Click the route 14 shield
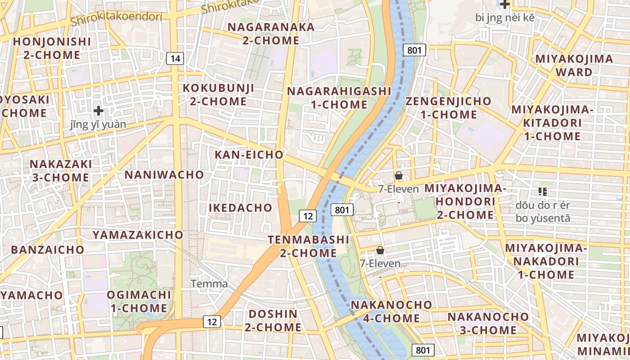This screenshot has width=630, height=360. (x=175, y=58)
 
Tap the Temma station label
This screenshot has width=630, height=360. (x=209, y=284)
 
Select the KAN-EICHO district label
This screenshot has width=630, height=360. (x=249, y=155)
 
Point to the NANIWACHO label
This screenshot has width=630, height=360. (x=164, y=175)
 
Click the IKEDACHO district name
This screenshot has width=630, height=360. (x=240, y=207)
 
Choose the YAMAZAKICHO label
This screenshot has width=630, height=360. (x=138, y=235)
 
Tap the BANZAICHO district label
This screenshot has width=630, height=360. (x=48, y=250)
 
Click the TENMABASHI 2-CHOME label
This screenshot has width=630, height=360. (x=308, y=246)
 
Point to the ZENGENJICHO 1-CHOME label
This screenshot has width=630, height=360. (x=448, y=108)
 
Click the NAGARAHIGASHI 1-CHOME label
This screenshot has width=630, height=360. (x=339, y=98)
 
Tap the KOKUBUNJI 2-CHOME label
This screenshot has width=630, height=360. (x=218, y=94)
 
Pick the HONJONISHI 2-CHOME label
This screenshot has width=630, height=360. (x=52, y=49)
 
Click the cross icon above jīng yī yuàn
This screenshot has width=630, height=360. (x=99, y=111)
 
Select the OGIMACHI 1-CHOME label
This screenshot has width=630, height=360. (x=139, y=301)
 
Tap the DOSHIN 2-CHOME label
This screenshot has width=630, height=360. (x=273, y=320)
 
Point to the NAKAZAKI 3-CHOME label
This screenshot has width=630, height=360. (x=61, y=171)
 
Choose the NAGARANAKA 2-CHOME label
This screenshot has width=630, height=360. (x=271, y=33)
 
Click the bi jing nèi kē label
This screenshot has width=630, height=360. (x=505, y=18)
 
